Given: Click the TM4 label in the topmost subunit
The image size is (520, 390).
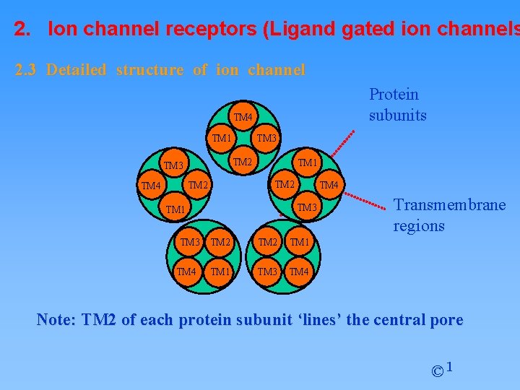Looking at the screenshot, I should (x=243, y=117).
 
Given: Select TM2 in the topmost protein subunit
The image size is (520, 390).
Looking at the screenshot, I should (x=242, y=162).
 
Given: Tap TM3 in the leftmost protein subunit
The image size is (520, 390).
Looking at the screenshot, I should (x=173, y=165).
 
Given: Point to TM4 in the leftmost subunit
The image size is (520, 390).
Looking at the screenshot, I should (x=151, y=187).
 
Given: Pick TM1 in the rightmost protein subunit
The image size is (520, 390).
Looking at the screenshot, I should (x=308, y=162).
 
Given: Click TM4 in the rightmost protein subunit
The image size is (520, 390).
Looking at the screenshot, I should (x=329, y=186).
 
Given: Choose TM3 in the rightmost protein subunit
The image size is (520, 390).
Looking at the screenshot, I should (x=307, y=208).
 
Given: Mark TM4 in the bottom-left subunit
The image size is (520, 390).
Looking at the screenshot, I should (x=186, y=272).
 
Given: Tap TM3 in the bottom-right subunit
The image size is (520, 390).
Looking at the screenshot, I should (x=268, y=272).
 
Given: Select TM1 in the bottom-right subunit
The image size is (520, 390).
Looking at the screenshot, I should (x=300, y=243).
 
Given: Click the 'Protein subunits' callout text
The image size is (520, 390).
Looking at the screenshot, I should (x=397, y=105).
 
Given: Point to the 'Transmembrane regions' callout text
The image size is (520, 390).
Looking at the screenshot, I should (x=448, y=215).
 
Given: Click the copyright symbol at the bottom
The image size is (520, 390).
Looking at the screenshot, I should (x=437, y=372).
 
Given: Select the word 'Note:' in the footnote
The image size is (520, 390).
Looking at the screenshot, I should (x=57, y=320).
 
